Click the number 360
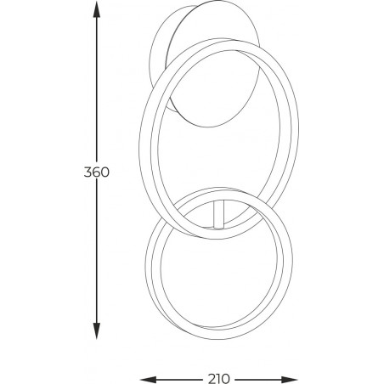click(97, 172)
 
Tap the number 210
click(219, 379)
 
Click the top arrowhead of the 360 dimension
click(97, 11)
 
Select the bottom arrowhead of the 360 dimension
click(97, 331)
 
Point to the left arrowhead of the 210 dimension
click(149, 379)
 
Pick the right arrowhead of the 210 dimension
click(290, 379)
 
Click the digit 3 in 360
click(88, 172)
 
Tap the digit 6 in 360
click(96, 172)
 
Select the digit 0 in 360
click(105, 172)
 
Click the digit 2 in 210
click(212, 379)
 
